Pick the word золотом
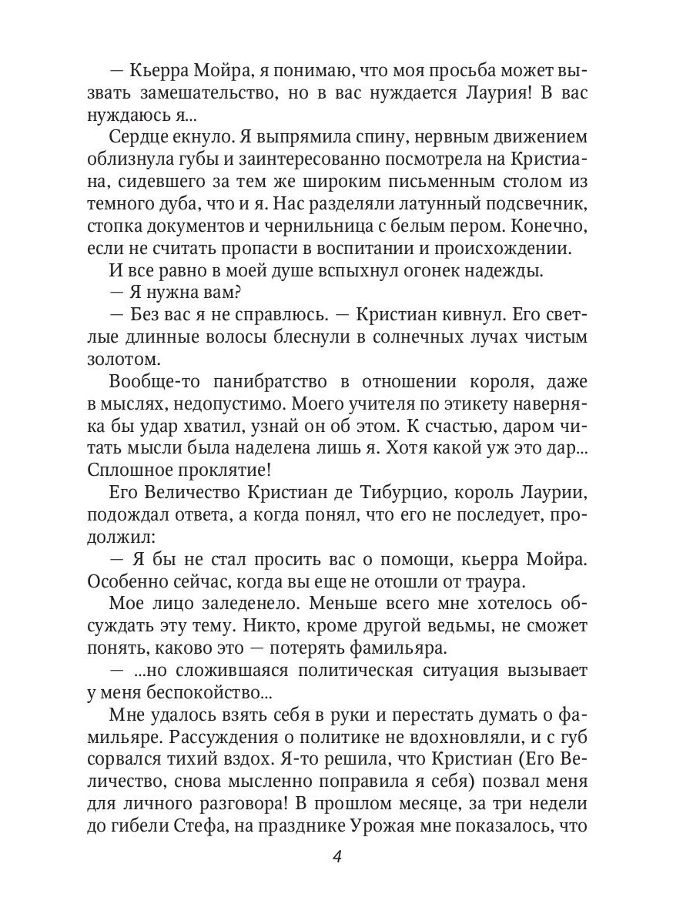[x=134, y=358]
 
